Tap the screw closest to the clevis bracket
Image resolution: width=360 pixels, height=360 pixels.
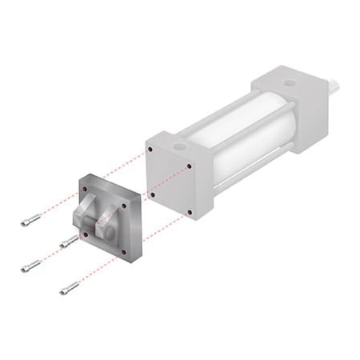69,240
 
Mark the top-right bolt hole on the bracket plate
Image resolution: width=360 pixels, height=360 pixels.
125,206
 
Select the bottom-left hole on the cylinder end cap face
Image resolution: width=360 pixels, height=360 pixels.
152,193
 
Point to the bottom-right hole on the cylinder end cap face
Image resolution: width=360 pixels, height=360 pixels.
189,211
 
